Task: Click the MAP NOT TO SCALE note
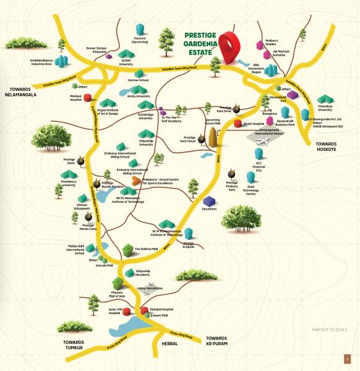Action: pyautogui.click(x=330, y=331)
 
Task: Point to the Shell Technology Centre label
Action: pyautogui.click(x=251, y=192)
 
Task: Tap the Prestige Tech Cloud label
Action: pyautogui.click(x=190, y=139)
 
